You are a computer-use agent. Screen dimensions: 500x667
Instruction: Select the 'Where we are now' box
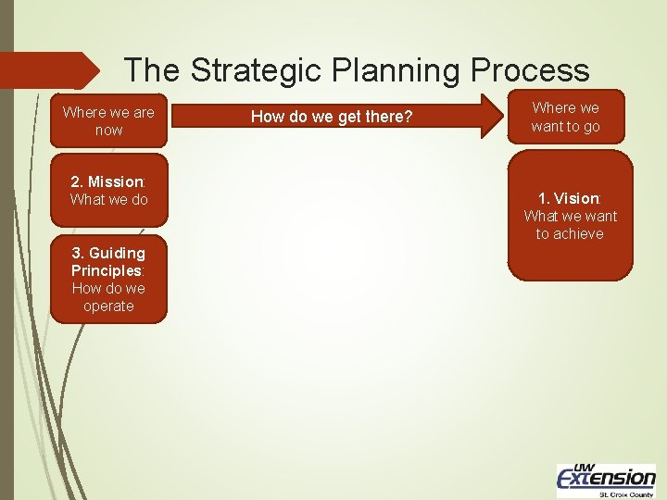tap(108, 121)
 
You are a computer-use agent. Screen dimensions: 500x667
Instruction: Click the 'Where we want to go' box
tap(565, 117)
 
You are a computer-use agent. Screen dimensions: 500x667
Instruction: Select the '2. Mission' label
tap(108, 181)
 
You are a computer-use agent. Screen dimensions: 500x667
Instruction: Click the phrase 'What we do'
tap(108, 199)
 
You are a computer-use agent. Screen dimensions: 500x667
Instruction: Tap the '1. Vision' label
tap(570, 198)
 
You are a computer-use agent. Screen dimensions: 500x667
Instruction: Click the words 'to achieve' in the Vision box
tap(570, 233)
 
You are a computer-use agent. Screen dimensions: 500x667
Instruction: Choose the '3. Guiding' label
tap(108, 253)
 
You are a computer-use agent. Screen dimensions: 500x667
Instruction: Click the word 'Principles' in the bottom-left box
tap(107, 270)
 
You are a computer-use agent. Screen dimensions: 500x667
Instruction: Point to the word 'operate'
tap(108, 306)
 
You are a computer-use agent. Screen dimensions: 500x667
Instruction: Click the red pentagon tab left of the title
tap(51, 70)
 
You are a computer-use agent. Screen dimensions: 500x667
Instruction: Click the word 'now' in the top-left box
tap(108, 131)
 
